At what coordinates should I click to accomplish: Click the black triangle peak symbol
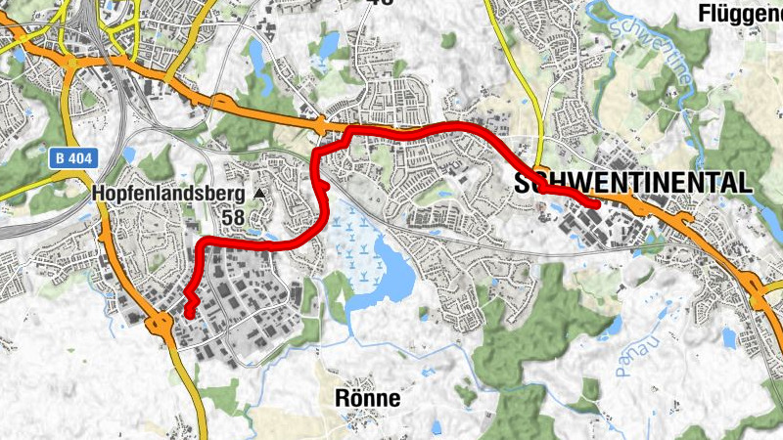click(259, 195)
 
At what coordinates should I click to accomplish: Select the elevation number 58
click(232, 216)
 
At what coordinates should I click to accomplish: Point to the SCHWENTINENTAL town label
click(632, 182)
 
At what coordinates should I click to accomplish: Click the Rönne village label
click(367, 398)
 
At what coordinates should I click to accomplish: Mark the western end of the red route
click(188, 312)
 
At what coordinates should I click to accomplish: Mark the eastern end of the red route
click(594, 204)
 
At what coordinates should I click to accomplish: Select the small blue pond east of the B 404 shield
click(130, 154)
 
